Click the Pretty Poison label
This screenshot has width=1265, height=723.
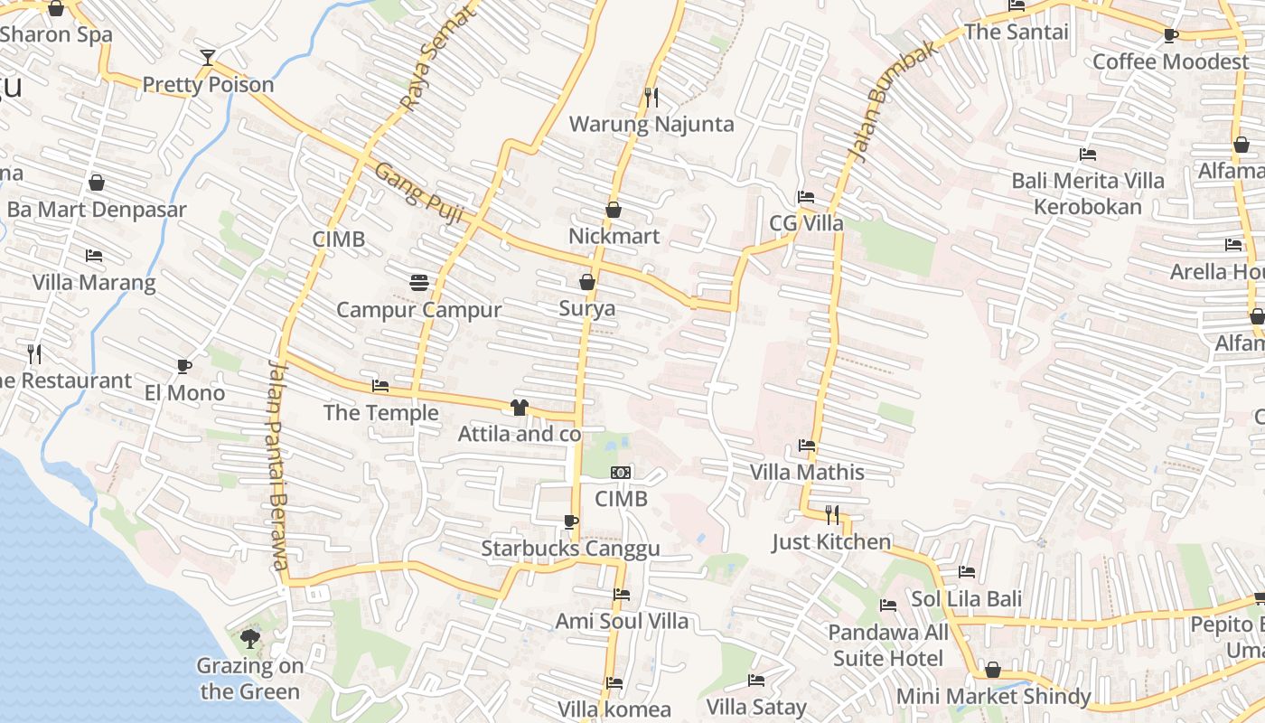(208, 84)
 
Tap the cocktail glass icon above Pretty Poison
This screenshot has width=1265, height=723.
(208, 58)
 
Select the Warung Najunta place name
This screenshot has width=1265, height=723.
(651, 124)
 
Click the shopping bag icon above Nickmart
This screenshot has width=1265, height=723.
(614, 210)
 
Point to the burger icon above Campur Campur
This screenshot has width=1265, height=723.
(418, 283)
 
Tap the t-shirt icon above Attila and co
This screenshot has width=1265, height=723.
(519, 408)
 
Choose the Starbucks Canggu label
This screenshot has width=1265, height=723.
(570, 549)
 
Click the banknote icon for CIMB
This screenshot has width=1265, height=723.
(621, 473)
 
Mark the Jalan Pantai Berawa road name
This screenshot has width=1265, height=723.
(276, 461)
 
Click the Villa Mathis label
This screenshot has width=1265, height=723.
(807, 472)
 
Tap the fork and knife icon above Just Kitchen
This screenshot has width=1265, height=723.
(832, 515)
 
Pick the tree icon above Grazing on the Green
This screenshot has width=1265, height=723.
(250, 639)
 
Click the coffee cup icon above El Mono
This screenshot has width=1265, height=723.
(184, 366)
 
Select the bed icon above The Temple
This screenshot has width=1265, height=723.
(380, 386)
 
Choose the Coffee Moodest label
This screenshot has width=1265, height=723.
(1170, 61)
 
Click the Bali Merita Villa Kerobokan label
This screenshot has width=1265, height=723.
(1088, 193)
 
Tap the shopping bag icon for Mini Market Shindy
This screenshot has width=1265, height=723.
(992, 670)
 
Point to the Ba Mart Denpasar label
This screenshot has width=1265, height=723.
(97, 210)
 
